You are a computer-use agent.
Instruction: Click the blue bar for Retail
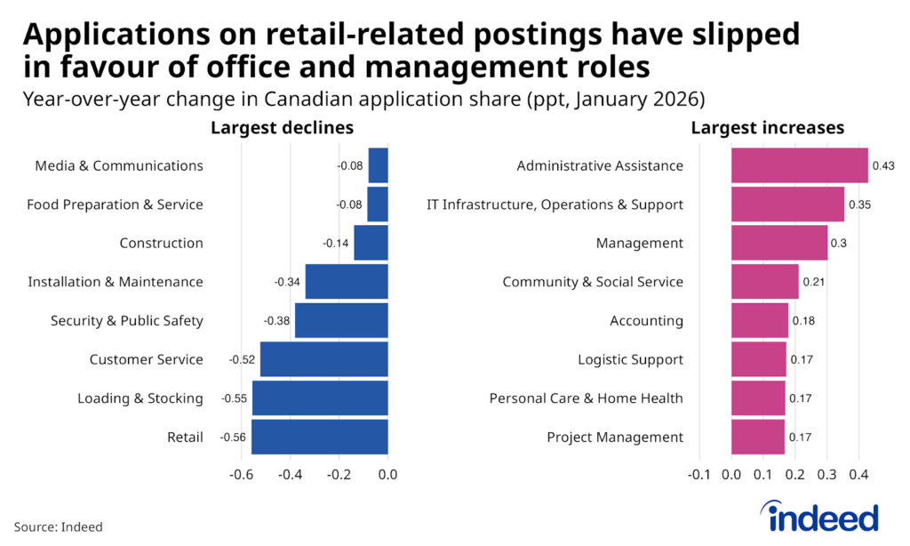319,437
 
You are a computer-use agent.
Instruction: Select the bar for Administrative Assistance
799,165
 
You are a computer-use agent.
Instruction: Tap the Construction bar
371,243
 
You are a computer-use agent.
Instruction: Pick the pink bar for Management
779,243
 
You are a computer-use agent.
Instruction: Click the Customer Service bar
323,359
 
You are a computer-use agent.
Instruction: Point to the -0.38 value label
276,321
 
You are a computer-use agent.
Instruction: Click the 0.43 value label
883,165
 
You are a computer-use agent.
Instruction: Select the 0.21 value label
814,282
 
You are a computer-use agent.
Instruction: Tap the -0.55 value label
235,398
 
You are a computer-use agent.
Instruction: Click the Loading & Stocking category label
140,398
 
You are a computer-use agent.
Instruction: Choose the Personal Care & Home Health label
586,398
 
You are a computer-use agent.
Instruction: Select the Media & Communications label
118,165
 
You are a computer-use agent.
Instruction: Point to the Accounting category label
646,321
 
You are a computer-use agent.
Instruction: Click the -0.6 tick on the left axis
243,474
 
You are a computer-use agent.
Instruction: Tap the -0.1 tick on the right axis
699,474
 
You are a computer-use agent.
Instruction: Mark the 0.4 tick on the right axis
858,474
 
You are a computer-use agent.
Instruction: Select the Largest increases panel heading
767,128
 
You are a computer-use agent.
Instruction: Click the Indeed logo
818,517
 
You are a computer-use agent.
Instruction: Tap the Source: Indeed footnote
58,526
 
